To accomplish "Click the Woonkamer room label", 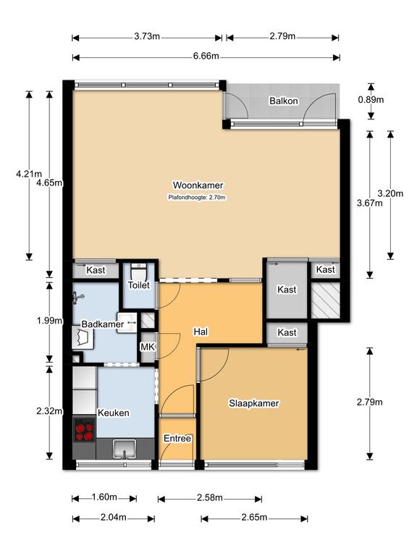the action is tap(198, 185).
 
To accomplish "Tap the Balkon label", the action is tap(284, 101).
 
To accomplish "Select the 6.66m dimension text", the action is tap(206, 56).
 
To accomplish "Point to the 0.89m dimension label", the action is tap(371, 100).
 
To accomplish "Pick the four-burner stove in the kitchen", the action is tap(85, 430).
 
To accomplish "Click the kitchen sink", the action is tap(124, 450).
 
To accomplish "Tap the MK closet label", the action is tap(148, 347).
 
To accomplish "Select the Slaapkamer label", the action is tap(254, 403).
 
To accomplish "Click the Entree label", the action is tap(177, 439).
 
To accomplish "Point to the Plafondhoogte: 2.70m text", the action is tap(197, 198).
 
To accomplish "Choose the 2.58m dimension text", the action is tap(210, 498).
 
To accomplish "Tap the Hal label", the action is tap(201, 332).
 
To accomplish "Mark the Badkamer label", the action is tap(103, 324).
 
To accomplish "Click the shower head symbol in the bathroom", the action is tap(78, 298).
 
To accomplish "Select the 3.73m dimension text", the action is tap(147, 36).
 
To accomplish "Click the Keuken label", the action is tap(114, 413).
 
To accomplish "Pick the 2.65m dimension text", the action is tap(254, 518).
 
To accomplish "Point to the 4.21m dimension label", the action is tap(29, 174).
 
